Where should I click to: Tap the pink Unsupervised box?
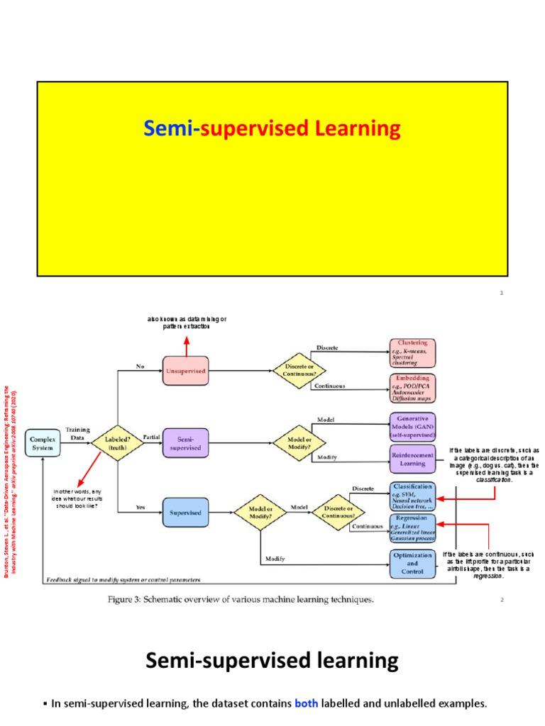(187, 369)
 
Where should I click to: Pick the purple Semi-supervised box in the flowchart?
(187, 442)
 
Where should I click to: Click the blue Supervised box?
(187, 511)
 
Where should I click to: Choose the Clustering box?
(412, 353)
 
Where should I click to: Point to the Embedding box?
(412, 389)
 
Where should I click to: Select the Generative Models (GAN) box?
(412, 427)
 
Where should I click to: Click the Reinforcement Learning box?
(412, 459)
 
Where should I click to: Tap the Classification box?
(412, 496)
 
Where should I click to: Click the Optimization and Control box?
(412, 564)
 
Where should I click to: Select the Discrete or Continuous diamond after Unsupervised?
(299, 369)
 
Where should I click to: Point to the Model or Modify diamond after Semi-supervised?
(299, 442)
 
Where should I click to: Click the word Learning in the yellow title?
(363, 129)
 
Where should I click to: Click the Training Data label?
(77, 433)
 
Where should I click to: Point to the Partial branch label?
(151, 437)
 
